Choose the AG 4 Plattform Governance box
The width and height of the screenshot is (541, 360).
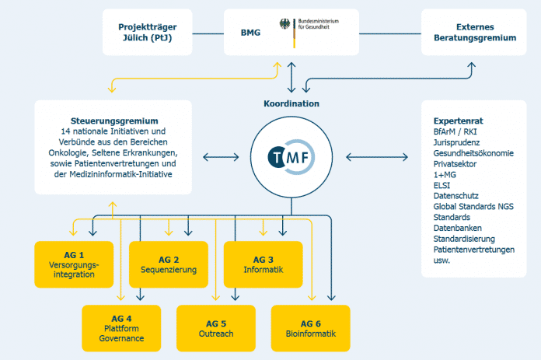pos(121,328)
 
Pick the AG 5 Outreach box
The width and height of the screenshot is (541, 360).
pos(216,328)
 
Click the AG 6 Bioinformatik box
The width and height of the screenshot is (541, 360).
pos(310,328)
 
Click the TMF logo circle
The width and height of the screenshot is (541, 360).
pos(291,158)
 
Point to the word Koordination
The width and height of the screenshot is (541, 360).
pos(291,103)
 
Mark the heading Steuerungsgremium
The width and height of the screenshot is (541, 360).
pos(113,121)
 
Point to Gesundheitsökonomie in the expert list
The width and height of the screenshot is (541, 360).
pos(473,153)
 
